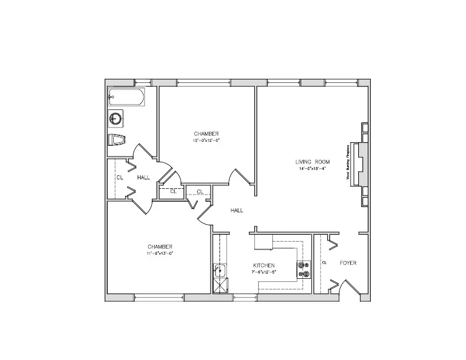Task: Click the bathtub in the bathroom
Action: tap(126, 98)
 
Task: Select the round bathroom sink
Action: tap(115, 119)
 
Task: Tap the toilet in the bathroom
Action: tap(118, 140)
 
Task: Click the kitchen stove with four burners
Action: tap(304, 269)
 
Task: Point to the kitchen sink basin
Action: tap(220, 271)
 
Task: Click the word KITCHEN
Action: tap(264, 265)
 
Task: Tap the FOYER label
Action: tap(348, 262)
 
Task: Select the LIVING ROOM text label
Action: tap(312, 162)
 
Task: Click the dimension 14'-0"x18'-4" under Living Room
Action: tap(312, 168)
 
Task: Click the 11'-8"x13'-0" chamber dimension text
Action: tap(159, 253)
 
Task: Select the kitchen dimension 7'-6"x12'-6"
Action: tap(264, 272)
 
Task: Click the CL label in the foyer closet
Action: tap(324, 262)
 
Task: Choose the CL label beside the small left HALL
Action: tap(119, 177)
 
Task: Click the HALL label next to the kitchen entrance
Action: tap(237, 210)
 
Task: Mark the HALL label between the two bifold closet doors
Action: tap(144, 177)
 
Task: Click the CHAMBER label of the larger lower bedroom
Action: tap(159, 246)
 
